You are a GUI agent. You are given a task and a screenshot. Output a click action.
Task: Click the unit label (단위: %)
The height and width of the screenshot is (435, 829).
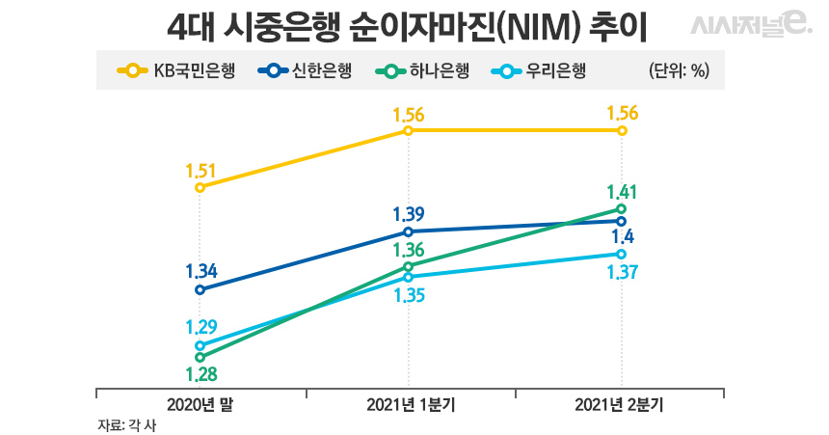click(x=681, y=71)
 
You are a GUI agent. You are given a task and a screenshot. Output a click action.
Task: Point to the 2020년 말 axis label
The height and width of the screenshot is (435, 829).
click(x=201, y=405)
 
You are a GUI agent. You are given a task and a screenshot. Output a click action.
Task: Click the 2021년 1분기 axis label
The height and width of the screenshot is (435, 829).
click(x=411, y=405)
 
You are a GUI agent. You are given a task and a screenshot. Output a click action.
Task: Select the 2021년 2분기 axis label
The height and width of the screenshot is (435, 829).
click(x=619, y=405)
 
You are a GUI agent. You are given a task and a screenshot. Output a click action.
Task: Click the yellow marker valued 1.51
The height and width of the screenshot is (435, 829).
click(x=201, y=187)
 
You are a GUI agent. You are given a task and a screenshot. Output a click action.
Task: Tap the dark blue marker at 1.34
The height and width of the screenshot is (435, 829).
click(x=201, y=289)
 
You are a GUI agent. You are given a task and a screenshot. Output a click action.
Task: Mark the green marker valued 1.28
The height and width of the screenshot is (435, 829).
click(x=201, y=357)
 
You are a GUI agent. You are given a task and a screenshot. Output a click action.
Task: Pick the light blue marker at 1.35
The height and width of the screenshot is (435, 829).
click(x=409, y=277)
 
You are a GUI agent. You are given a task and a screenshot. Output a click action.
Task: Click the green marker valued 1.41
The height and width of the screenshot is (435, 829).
click(x=622, y=208)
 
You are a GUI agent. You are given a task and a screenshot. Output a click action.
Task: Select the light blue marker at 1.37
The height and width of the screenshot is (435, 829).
click(x=622, y=255)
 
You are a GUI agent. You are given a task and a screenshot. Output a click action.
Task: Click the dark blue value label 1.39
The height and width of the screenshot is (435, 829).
click(x=409, y=214)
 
